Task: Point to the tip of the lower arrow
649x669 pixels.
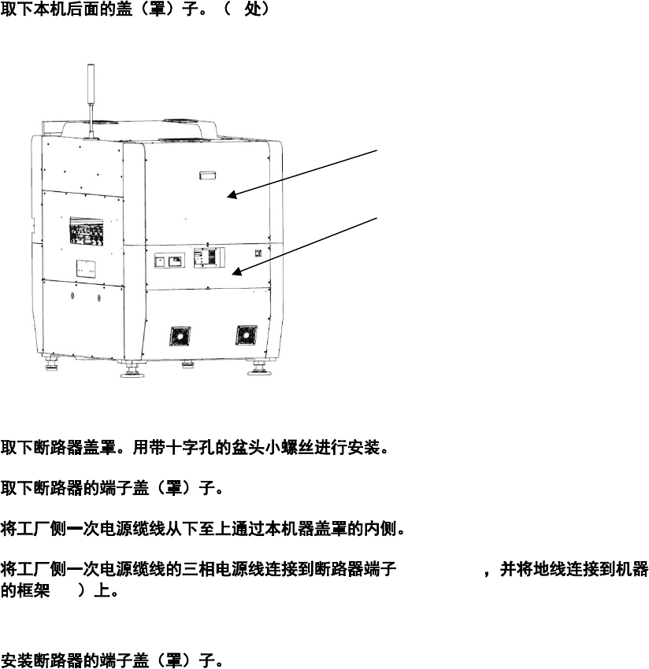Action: tap(234, 274)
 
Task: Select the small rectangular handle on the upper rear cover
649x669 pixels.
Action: tap(207, 173)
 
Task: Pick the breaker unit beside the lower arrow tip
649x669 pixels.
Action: tap(210, 260)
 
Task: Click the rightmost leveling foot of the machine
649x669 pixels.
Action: tap(258, 367)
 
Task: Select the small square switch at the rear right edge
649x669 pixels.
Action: tap(258, 253)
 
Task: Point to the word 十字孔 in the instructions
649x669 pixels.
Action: tap(190, 450)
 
